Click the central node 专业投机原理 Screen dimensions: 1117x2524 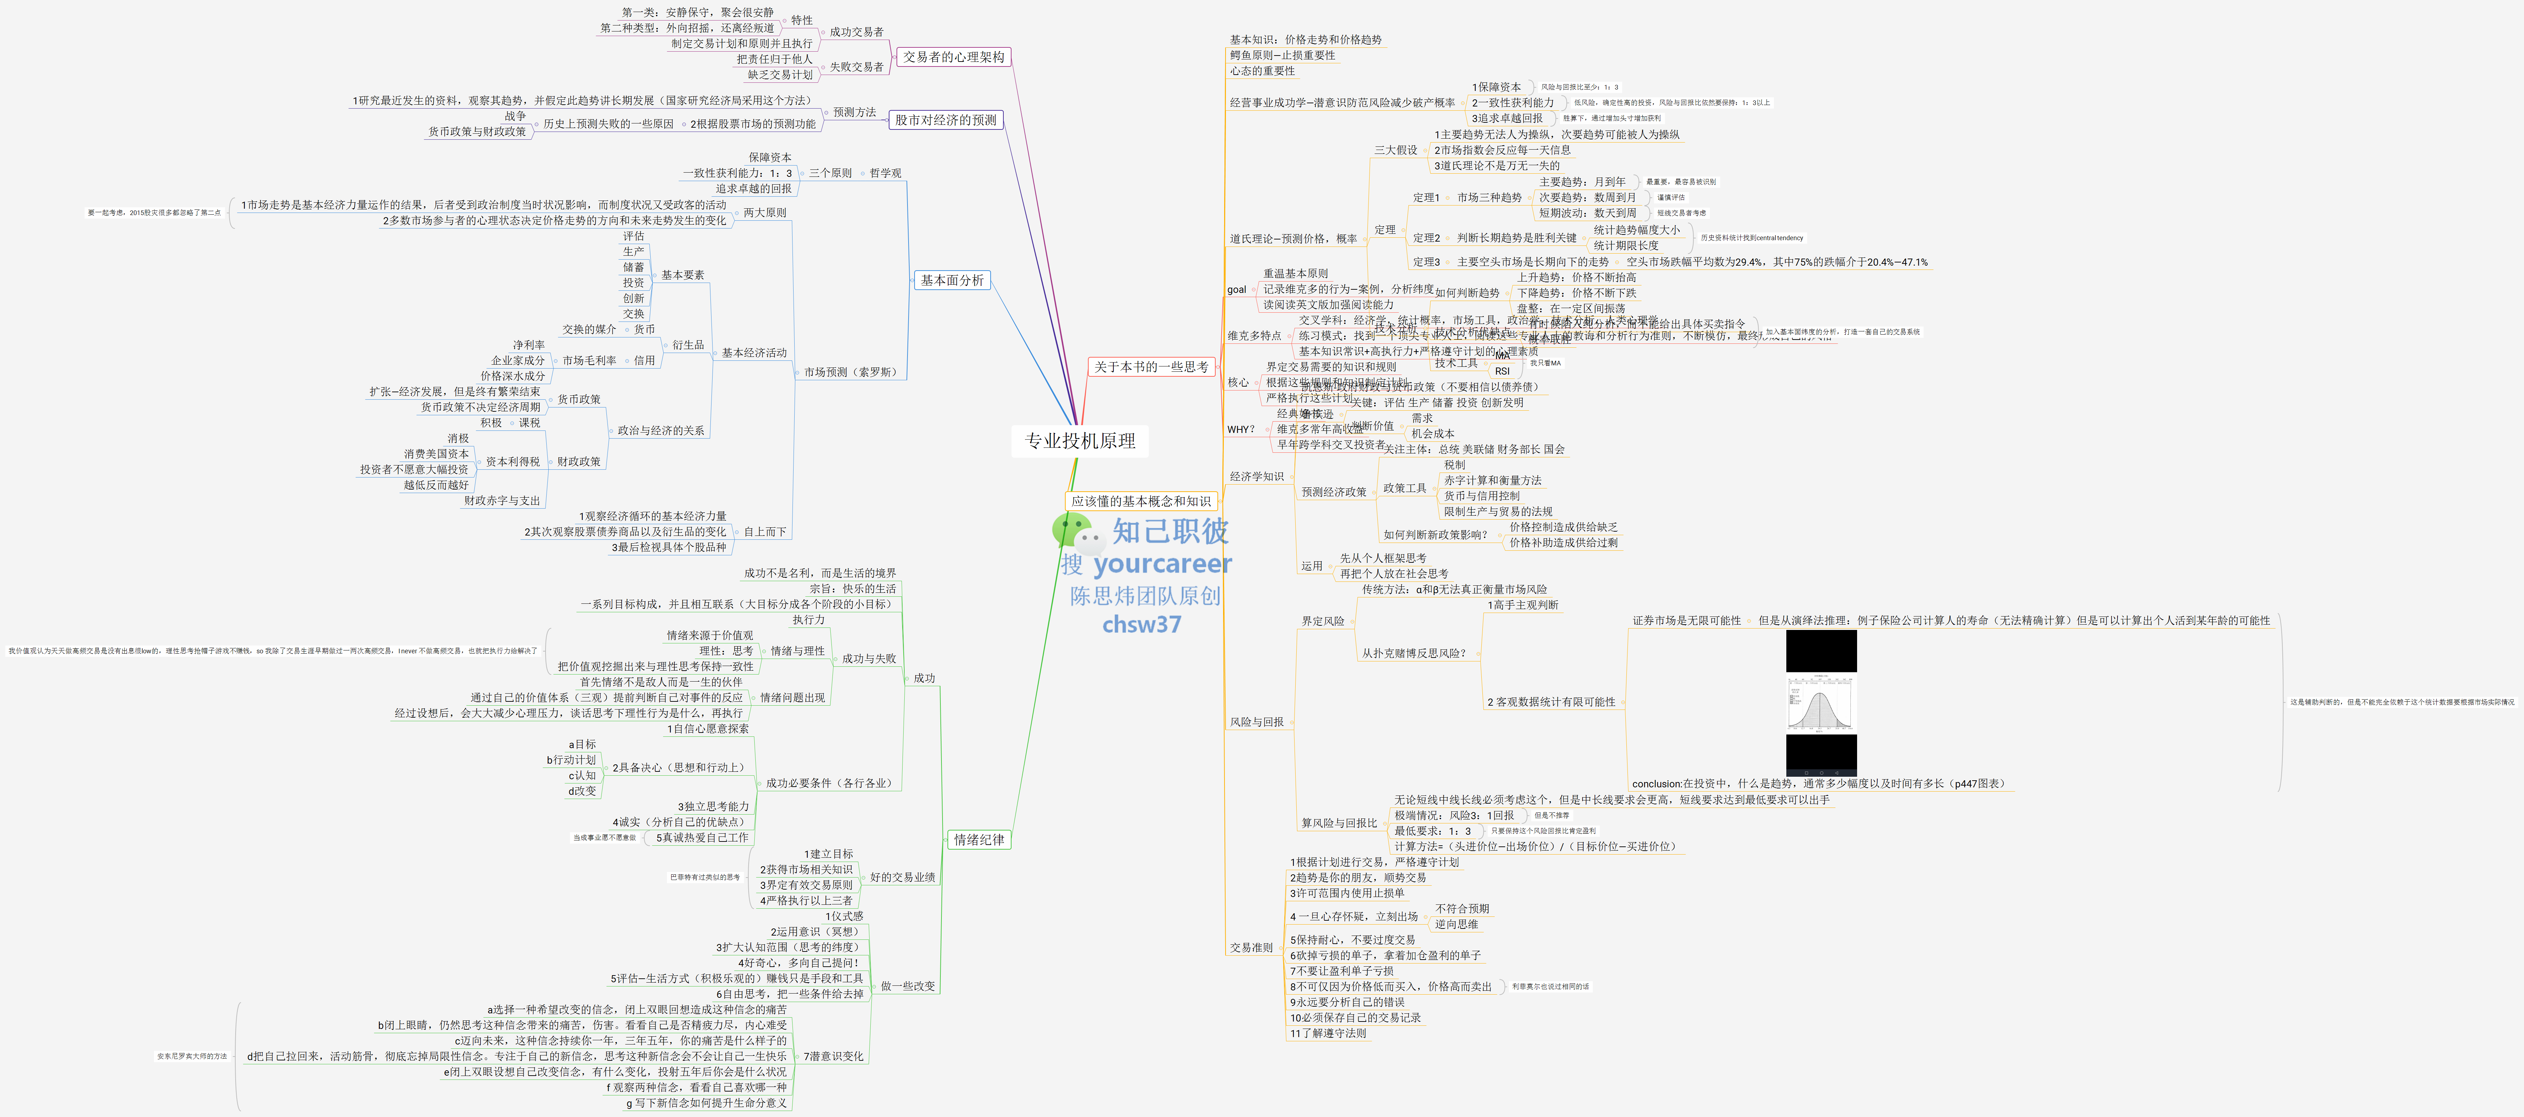pyautogui.click(x=1080, y=441)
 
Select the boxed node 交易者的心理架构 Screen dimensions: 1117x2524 pyautogui.click(x=953, y=57)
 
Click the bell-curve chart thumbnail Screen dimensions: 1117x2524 pyautogui.click(x=1821, y=704)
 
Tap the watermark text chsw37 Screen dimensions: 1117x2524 pyautogui.click(x=1141, y=624)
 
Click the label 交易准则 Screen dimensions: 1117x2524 pyautogui.click(x=1251, y=948)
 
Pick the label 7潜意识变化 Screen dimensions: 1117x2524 pyautogui.click(x=833, y=1056)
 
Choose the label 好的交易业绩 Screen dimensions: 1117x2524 pyautogui.click(x=901, y=877)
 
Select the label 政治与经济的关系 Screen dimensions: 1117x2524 pyautogui.click(x=661, y=430)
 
